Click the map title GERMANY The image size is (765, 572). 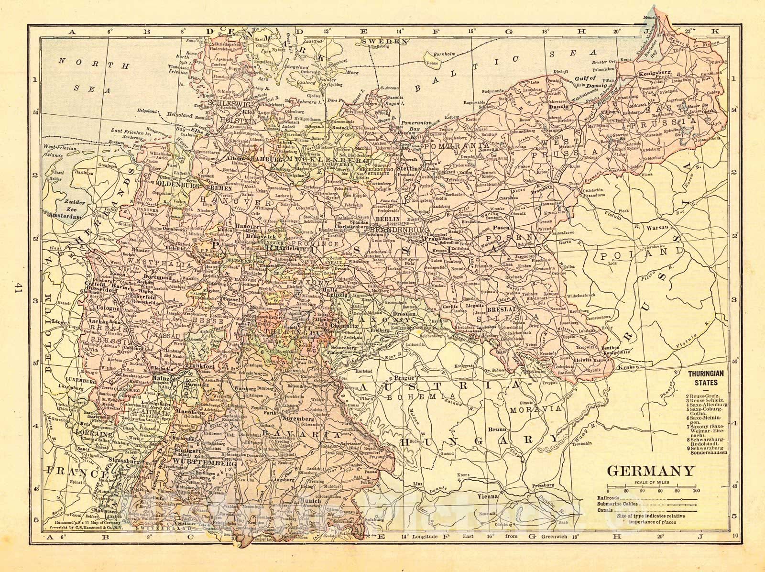coord(651,471)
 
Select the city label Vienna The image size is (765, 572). coord(488,497)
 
